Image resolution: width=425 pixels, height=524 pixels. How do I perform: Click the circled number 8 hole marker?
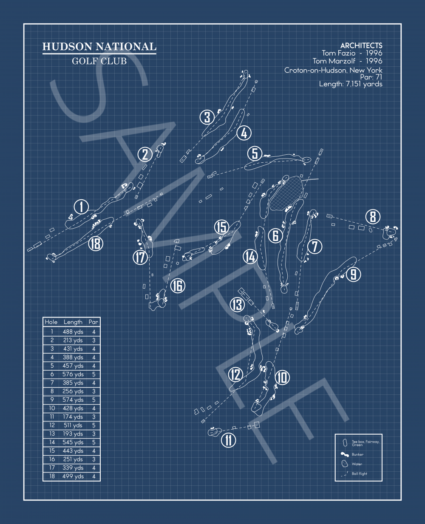pyautogui.click(x=373, y=217)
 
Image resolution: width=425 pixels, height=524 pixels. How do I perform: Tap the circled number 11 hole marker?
pyautogui.click(x=229, y=440)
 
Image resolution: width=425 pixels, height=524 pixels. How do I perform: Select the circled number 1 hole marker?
pyautogui.click(x=81, y=207)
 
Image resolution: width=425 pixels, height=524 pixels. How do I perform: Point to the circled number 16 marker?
pyautogui.click(x=178, y=286)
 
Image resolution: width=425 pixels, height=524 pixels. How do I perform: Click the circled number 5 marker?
pyautogui.click(x=255, y=153)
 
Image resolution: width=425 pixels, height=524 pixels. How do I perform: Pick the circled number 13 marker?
pyautogui.click(x=237, y=304)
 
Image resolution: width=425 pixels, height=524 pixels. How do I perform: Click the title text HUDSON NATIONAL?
pyautogui.click(x=99, y=47)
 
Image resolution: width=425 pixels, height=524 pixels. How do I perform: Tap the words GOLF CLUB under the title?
pyautogui.click(x=99, y=61)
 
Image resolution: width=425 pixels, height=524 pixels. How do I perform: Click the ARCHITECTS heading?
pyautogui.click(x=361, y=45)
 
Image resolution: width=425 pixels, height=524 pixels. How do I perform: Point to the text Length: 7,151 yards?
pyautogui.click(x=351, y=84)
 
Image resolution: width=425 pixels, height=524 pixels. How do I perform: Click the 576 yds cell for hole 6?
pyautogui.click(x=73, y=374)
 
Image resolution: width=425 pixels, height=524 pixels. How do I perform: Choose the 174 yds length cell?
pyautogui.click(x=73, y=417)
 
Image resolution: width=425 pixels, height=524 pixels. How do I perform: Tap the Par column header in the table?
pyautogui.click(x=93, y=322)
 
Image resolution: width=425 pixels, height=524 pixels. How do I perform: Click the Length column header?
pyautogui.click(x=73, y=322)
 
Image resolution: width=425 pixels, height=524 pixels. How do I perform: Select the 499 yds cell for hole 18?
pyautogui.click(x=73, y=476)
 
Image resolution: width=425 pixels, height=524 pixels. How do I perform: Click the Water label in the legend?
pyautogui.click(x=357, y=464)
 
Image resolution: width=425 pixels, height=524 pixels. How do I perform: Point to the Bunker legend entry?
pyautogui.click(x=357, y=454)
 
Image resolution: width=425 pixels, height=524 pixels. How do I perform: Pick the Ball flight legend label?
pyautogui.click(x=360, y=473)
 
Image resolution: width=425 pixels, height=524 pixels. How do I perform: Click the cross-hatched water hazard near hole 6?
pyautogui.click(x=286, y=193)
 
